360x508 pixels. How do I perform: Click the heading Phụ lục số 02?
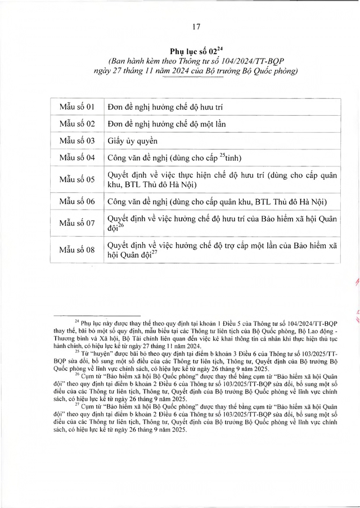tap(192, 51)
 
